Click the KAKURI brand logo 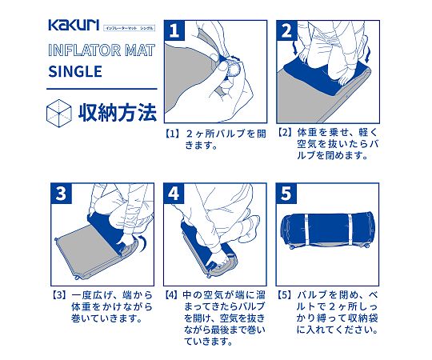tap(74, 25)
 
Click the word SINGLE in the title tap(75, 72)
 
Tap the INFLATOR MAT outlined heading tap(102, 50)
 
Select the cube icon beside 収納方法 tap(58, 114)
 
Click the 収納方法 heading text tap(118, 113)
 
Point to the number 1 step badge tap(174, 30)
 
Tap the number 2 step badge tap(287, 30)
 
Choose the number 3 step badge tap(61, 194)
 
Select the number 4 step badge tap(174, 194)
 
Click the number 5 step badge tap(286, 194)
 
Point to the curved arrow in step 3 tap(142, 242)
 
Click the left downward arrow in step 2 tap(295, 49)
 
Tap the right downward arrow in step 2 tap(367, 55)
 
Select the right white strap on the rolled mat tap(350, 230)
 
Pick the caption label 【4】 tap(171, 295)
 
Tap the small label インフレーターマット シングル tap(130, 28)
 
